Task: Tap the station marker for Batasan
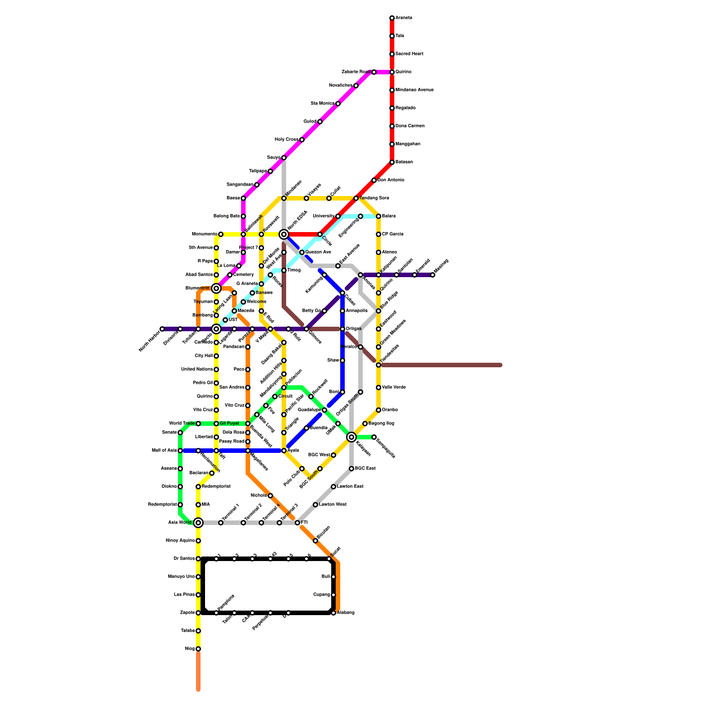pyautogui.click(x=392, y=162)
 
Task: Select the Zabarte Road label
pyautogui.click(x=356, y=72)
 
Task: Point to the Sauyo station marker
pyautogui.click(x=284, y=158)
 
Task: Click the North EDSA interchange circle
pyautogui.click(x=284, y=234)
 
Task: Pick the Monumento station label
pyautogui.click(x=204, y=234)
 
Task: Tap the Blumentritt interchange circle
pyautogui.click(x=216, y=288)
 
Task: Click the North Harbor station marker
pyautogui.click(x=162, y=329)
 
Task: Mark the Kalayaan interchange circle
pyautogui.click(x=351, y=437)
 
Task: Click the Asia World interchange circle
pyautogui.click(x=198, y=523)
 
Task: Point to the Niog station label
pyautogui.click(x=190, y=649)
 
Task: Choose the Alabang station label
pyautogui.click(x=346, y=613)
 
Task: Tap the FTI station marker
pyautogui.click(x=297, y=523)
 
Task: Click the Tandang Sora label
pyautogui.click(x=374, y=198)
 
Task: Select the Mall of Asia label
pyautogui.click(x=164, y=451)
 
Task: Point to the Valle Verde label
pyautogui.click(x=394, y=388)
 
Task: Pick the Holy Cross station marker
pyautogui.click(x=302, y=140)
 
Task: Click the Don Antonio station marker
pyautogui.click(x=374, y=180)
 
